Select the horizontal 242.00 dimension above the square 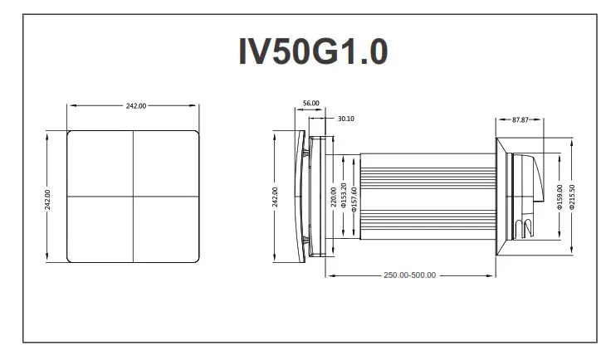point(135,106)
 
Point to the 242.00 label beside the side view point(275,197)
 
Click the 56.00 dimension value point(310,103)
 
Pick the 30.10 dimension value point(346,119)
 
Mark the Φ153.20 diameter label point(345,196)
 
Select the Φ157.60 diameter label point(354,196)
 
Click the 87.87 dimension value point(520,119)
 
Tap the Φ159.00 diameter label point(559,197)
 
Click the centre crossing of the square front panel point(134,196)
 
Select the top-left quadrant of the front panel point(100,163)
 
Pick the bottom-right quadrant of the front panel point(167,230)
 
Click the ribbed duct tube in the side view point(423,196)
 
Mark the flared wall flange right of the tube point(501,196)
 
